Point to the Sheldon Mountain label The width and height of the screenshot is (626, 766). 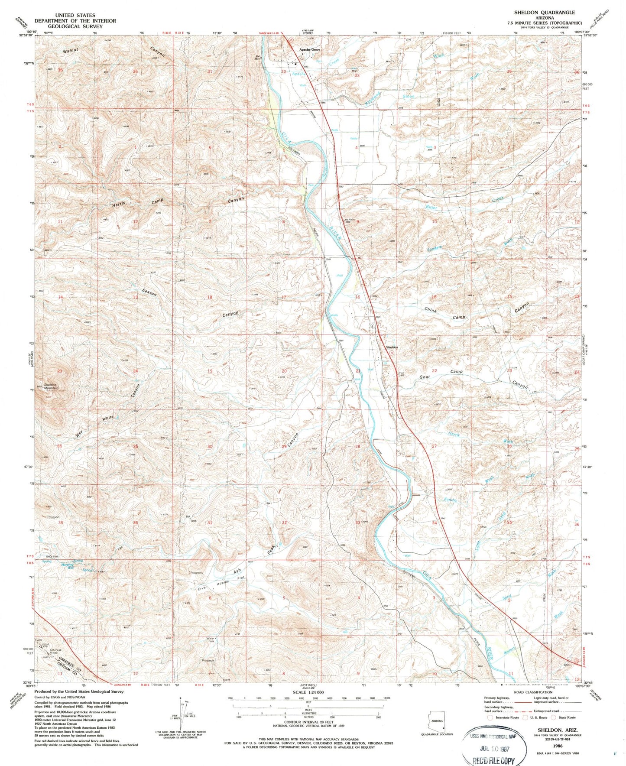point(51,385)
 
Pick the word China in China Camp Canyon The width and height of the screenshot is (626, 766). point(430,310)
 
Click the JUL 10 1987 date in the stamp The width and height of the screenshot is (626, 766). point(494,748)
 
